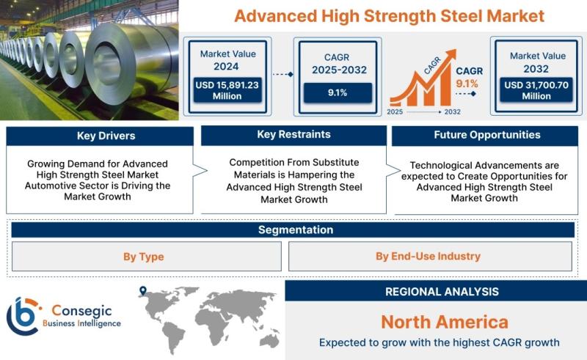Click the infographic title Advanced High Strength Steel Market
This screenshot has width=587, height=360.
pos(390,16)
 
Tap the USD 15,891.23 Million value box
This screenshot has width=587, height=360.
pos(227,90)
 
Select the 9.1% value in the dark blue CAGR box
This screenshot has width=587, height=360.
pos(338,93)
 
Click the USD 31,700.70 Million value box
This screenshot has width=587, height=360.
pos(536,90)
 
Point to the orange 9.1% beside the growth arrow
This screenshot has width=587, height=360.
pos(467,84)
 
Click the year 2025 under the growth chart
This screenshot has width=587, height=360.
pos(395,112)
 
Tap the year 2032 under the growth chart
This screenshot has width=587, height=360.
pos(452,112)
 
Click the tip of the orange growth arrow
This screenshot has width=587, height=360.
pos(456,50)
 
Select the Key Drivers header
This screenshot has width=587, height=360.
pos(100,136)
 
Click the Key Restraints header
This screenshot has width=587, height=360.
pos(294,135)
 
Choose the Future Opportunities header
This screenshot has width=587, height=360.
pos(485,135)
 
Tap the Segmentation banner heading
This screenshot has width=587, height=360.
pos(296,229)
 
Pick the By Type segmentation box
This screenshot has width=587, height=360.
pos(146,257)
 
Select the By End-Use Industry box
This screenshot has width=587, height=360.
pos(430,257)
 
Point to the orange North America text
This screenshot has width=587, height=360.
pos(445,322)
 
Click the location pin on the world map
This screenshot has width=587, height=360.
pos(142,291)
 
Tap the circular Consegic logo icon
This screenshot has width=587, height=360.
pos(23,316)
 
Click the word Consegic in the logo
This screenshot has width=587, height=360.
pos(81,311)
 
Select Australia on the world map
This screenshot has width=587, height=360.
pos(269,340)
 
